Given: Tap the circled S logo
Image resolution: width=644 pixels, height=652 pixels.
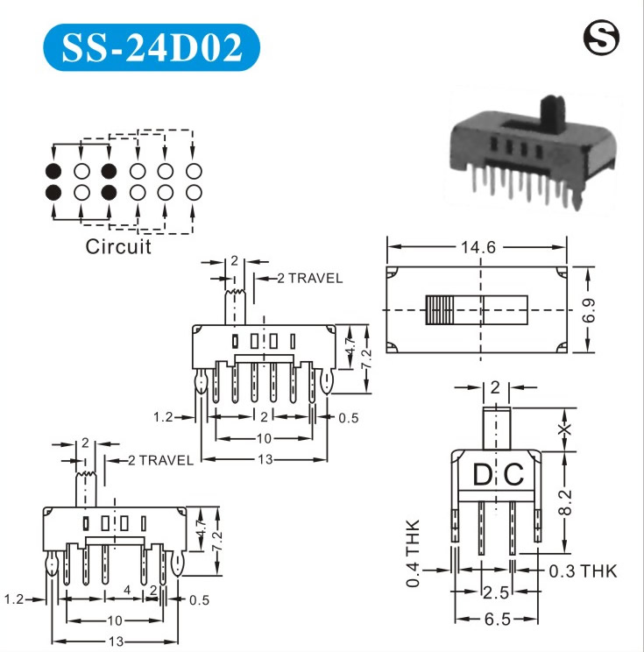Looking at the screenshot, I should (x=600, y=38).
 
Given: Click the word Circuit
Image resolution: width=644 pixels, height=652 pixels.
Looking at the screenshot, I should (x=118, y=246).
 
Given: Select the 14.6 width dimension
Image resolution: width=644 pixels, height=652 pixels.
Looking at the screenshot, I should (x=478, y=248).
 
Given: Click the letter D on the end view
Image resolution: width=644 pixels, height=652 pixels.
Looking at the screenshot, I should (x=483, y=476).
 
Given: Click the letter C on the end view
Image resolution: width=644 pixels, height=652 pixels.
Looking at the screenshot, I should (x=514, y=476).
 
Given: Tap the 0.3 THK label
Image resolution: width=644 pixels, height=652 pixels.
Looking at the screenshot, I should (x=583, y=571).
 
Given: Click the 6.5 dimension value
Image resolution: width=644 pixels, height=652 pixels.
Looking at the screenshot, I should (x=497, y=619).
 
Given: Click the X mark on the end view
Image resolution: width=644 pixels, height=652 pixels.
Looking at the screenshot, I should (x=565, y=429).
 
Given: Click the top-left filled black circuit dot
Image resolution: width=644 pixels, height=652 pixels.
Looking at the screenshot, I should (x=53, y=171).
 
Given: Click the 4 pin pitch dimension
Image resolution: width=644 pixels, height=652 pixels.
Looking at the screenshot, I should (x=127, y=592).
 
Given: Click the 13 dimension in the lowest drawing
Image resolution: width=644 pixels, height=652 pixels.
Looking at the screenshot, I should (x=116, y=641).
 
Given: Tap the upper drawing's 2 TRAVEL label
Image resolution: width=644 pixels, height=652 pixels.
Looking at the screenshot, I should (x=309, y=279).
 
